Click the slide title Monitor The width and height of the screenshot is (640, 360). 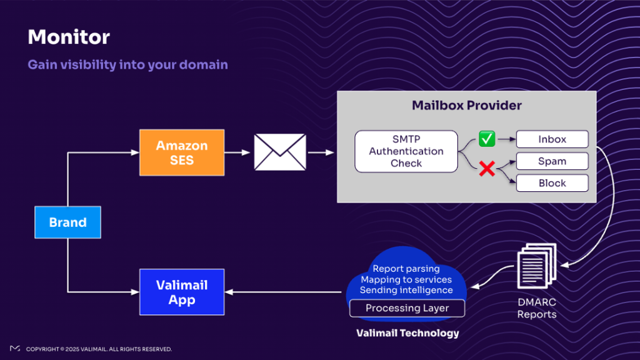tap(69, 37)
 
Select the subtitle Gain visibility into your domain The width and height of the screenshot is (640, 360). tap(127, 64)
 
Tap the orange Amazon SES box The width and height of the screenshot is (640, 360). tap(182, 152)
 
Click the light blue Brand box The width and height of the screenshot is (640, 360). tap(67, 222)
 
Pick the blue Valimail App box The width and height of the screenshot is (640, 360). tap(182, 292)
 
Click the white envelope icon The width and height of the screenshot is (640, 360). tap(280, 152)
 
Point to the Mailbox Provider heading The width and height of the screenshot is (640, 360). tap(466, 105)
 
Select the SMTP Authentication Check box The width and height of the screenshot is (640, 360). tap(406, 151)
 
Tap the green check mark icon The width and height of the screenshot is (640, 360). tap(487, 139)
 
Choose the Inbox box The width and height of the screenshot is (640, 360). tap(552, 139)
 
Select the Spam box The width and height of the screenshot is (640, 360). tap(552, 161)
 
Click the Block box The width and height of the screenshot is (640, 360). tap(552, 183)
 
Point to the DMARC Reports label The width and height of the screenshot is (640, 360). tap(537, 308)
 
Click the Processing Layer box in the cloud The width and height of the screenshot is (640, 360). tap(407, 308)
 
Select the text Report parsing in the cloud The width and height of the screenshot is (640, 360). tap(406, 269)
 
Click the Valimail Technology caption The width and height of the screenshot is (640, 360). tap(407, 333)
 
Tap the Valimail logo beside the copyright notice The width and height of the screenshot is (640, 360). tap(14, 348)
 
